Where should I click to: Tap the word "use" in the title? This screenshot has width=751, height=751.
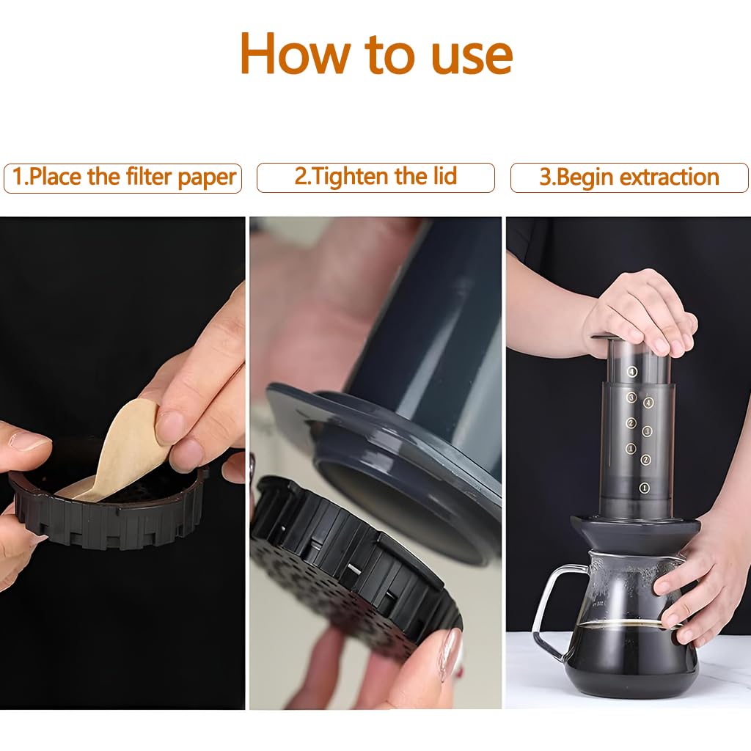[x=472, y=57]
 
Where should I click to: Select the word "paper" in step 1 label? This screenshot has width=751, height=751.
[x=207, y=177]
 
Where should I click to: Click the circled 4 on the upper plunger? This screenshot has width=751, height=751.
[x=632, y=372]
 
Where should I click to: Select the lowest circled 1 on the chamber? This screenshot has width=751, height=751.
[x=644, y=488]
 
